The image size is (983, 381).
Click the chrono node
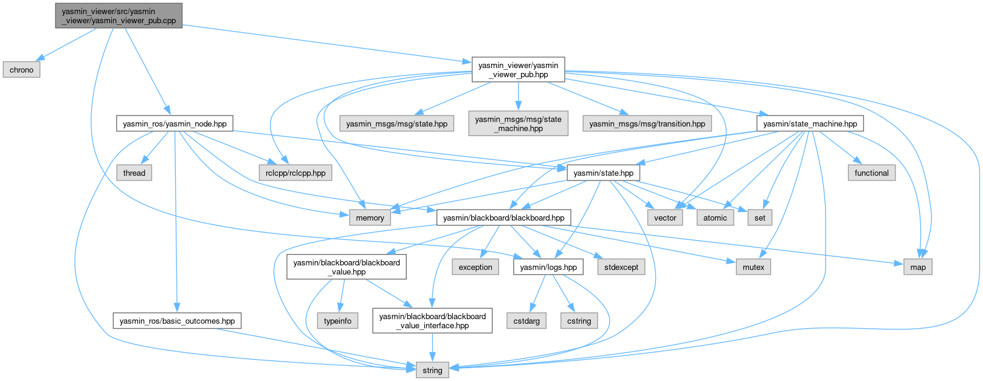tap(22, 70)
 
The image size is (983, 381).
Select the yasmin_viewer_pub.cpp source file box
tap(118, 16)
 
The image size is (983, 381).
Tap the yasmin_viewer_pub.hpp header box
tap(518, 70)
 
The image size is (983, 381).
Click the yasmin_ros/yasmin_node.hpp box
tap(174, 123)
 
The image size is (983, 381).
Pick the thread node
tap(134, 173)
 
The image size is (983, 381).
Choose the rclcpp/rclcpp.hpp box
tap(295, 173)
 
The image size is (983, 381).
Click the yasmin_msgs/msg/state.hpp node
tap(396, 123)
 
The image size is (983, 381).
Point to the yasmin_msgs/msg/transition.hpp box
tap(647, 123)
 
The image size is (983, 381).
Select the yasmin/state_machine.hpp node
tap(810, 123)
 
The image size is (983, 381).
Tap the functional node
tap(871, 173)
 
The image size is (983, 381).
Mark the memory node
tap(370, 218)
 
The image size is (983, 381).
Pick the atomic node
tap(715, 218)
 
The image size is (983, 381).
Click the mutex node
tap(753, 267)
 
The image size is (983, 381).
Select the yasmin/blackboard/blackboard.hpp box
tap(503, 218)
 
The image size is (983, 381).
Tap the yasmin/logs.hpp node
tap(548, 267)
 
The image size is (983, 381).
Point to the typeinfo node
tap(337, 321)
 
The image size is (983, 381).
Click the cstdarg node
tap(526, 321)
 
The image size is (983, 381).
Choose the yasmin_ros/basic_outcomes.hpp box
tap(177, 321)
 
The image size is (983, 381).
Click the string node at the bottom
tap(432, 370)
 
